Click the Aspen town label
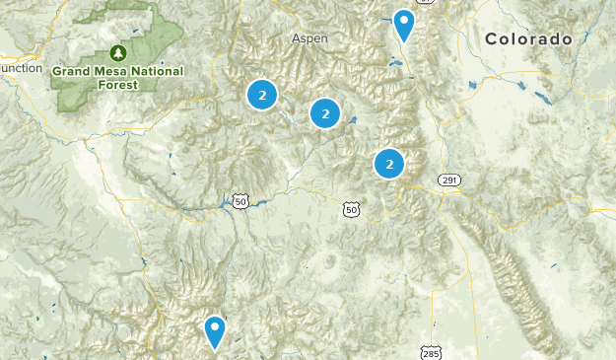pos(309,38)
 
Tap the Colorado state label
pos(528,39)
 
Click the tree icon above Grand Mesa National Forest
pos(119,52)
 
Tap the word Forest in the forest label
pos(118,84)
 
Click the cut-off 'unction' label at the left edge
pos(21,68)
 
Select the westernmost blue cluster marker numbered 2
pos(261,95)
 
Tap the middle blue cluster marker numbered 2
pos(325,114)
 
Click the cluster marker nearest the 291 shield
pos(390,164)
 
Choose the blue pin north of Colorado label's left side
pos(403,24)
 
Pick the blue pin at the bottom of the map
pos(214,331)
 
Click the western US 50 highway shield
pos(241,201)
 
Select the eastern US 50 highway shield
pos(352,209)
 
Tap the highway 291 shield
pos(450,180)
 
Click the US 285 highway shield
pos(431,352)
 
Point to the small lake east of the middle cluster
pos(352,123)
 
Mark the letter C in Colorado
pos(490,39)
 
